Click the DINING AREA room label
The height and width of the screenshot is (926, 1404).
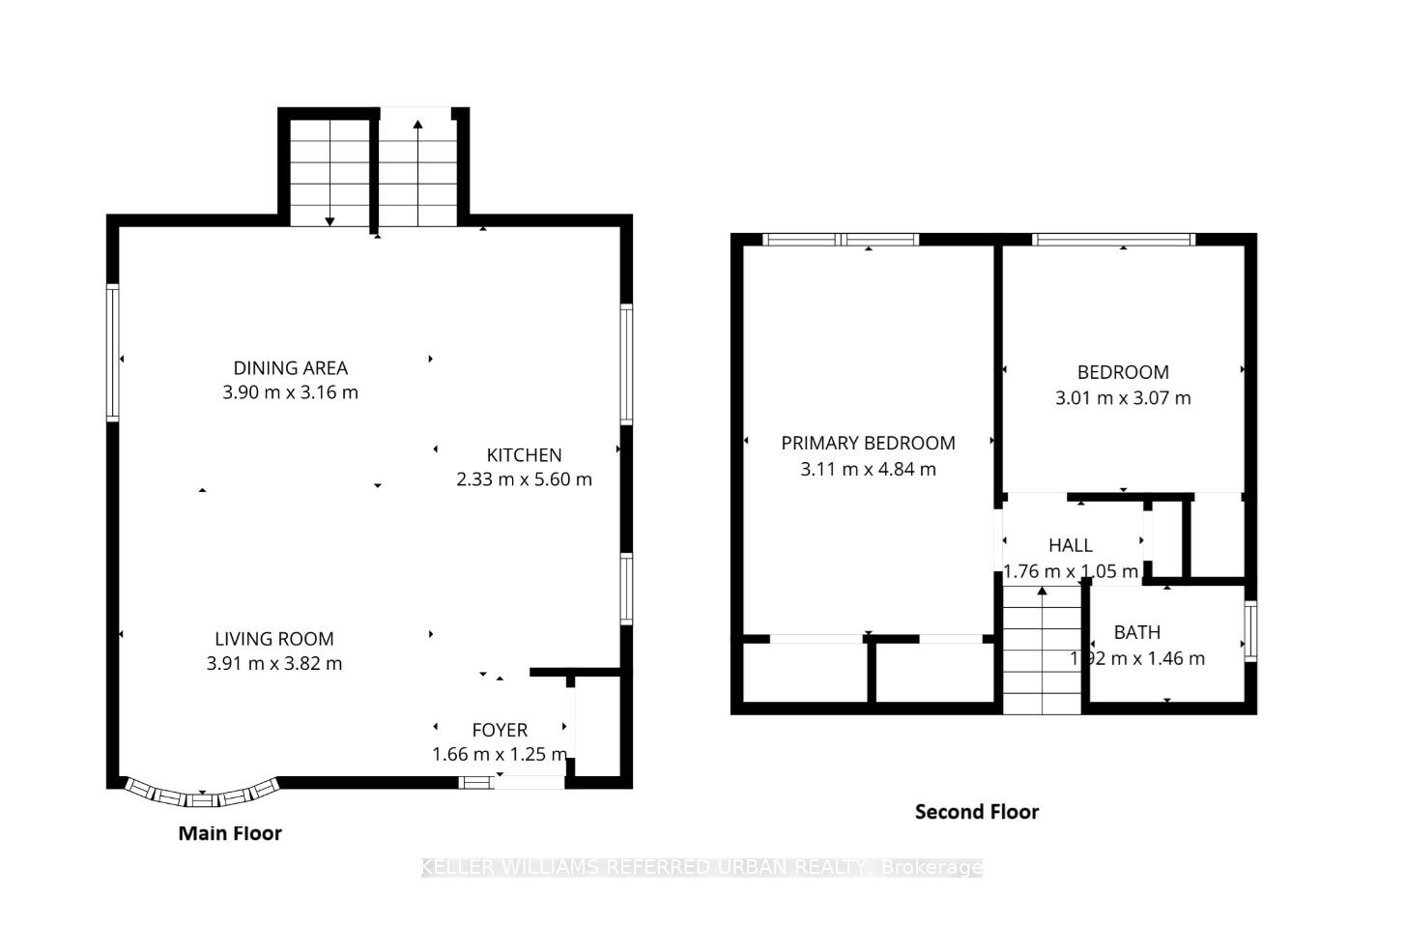point(290,368)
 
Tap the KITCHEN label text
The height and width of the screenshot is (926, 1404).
point(524,455)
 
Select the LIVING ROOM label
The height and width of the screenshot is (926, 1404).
point(274,639)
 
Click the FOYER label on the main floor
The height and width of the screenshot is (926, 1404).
point(500,731)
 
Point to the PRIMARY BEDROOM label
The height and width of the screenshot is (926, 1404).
point(868,444)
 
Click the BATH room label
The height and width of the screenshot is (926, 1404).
point(1137,633)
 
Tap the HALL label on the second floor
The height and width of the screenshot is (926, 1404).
point(1071,546)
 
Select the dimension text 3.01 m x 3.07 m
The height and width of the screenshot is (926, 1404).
point(1123,398)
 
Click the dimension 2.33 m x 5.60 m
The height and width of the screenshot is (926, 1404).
point(524,479)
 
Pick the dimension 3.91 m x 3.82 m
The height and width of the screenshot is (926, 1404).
point(274,664)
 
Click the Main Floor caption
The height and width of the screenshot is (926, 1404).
point(230,833)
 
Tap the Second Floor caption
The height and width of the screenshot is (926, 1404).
point(976,812)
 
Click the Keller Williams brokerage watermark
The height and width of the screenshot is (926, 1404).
point(702,867)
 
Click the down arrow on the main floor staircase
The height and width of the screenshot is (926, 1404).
point(330,220)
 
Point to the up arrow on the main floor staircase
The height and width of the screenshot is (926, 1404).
point(417,125)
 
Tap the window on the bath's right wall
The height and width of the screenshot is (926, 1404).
point(1250,631)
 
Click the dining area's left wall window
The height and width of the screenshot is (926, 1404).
point(113,353)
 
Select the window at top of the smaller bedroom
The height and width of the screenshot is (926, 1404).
point(1113,240)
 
